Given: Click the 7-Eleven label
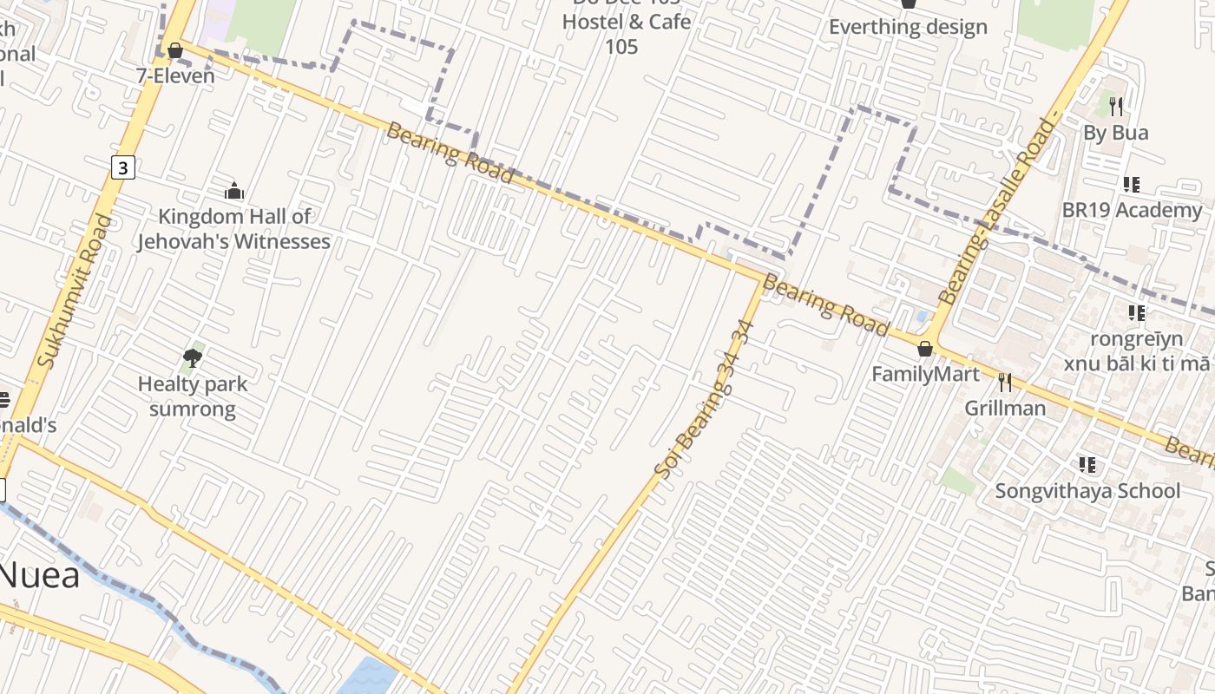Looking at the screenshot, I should tap(175, 75).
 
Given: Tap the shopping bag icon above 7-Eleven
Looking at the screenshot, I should tap(174, 50).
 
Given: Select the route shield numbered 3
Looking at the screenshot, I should tap(123, 167).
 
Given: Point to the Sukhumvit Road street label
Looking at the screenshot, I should tap(76, 291).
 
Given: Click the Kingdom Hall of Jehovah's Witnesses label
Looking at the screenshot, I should tap(233, 229).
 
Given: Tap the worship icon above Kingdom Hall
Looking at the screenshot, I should tap(233, 191).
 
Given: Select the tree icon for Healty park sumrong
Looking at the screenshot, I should tap(193, 357).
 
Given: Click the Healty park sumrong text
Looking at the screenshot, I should tap(193, 396).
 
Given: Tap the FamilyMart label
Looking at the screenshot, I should tap(925, 374).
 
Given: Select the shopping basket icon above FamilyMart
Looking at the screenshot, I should tap(925, 349).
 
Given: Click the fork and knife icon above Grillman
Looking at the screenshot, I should tap(1005, 382).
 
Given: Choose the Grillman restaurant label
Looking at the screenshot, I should tap(1005, 408).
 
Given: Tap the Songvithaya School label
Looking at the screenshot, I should tap(1087, 490).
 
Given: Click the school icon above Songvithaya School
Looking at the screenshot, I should tap(1087, 465).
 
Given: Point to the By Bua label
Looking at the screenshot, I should tap(1116, 133).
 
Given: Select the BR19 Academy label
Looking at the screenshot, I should tap(1132, 210).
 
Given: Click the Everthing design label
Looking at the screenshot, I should tap(908, 27).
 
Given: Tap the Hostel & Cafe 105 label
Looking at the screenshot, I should tap(627, 33).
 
